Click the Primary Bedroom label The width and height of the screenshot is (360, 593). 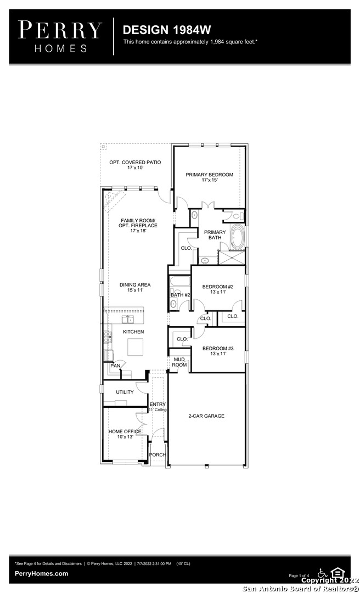click(x=209, y=177)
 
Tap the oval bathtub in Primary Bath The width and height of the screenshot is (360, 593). click(x=238, y=237)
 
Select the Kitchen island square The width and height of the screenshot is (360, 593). click(x=135, y=347)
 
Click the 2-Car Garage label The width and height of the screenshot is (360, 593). click(x=206, y=416)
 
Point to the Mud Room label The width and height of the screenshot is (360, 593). click(x=179, y=362)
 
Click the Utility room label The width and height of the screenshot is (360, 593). click(x=125, y=392)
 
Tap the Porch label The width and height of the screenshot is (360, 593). click(x=157, y=455)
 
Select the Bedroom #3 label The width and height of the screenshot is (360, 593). click(x=218, y=351)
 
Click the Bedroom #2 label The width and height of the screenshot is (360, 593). click(x=218, y=289)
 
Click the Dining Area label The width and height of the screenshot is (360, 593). click(x=135, y=287)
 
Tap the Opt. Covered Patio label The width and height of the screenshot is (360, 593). click(x=135, y=165)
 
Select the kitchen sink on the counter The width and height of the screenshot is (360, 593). click(x=127, y=320)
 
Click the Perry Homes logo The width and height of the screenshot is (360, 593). click(x=60, y=36)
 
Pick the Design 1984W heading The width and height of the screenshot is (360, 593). click(x=167, y=30)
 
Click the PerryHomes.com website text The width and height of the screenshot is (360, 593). click(x=42, y=573)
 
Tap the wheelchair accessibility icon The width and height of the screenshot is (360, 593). click(x=322, y=573)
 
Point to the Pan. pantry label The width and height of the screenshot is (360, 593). click(x=116, y=366)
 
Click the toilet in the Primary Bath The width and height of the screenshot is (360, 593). click(x=237, y=216)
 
